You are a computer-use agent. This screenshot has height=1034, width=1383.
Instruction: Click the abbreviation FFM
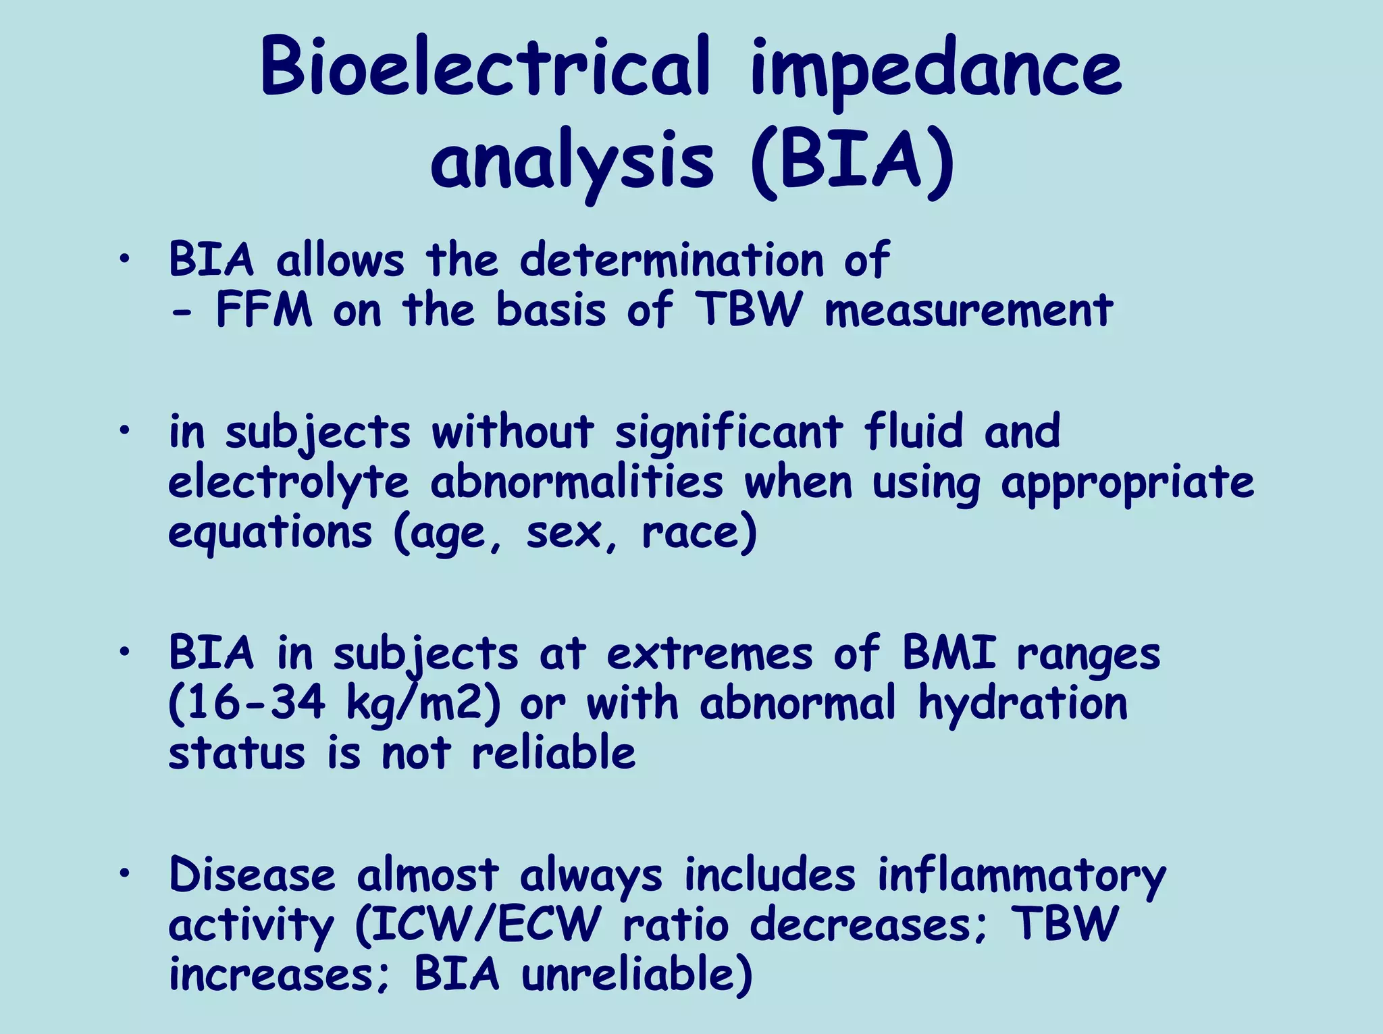pos(264,311)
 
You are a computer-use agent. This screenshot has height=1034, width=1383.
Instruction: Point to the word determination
pos(672,260)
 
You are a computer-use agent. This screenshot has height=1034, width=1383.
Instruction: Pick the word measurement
pos(968,311)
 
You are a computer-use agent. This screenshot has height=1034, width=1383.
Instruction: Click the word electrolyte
pos(288,484)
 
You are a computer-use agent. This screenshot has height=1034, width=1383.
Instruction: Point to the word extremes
pos(710,654)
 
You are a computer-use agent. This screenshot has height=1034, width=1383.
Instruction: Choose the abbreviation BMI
pos(949,653)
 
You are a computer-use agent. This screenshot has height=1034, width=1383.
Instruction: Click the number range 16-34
pos(247,704)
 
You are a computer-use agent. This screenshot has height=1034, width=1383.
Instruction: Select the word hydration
pos(1022,704)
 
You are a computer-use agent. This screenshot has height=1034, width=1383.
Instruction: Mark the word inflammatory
pos(1022,877)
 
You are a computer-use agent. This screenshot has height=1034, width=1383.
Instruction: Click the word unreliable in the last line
pos(637,976)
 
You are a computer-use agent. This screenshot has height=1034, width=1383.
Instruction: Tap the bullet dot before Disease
pos(124,874)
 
